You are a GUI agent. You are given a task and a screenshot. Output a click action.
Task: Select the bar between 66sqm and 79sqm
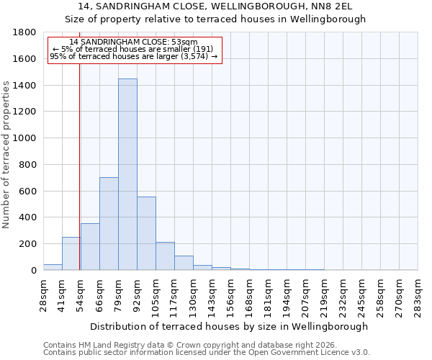(109, 223)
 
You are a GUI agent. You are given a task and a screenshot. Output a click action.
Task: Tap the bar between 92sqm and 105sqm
(146, 233)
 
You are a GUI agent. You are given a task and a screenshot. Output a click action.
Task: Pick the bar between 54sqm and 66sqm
(90, 246)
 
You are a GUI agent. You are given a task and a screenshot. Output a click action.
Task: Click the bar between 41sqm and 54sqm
(71, 253)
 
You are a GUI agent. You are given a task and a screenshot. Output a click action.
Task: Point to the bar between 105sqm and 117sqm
(165, 256)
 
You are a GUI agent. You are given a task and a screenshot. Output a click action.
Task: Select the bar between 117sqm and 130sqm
(184, 263)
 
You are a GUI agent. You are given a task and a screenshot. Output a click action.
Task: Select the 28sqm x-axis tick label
(43, 295)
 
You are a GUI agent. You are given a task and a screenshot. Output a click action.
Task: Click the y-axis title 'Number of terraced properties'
(6, 154)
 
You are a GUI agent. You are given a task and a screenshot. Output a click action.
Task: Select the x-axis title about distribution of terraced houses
(230, 326)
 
